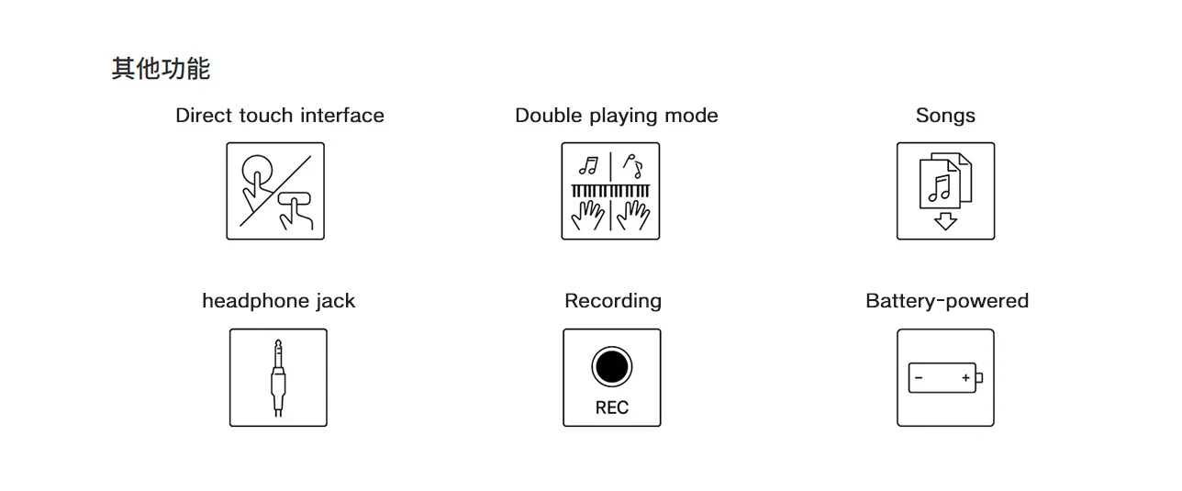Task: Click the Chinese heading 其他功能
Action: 161,69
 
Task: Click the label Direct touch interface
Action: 279,116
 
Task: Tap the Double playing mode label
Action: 616,116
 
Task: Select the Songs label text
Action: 945,116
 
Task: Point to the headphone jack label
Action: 278,301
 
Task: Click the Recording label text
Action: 612,301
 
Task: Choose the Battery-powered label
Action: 946,301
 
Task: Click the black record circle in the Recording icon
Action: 611,367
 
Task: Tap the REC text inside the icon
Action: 611,407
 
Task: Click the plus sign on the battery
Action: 965,378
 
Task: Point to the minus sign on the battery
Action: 919,378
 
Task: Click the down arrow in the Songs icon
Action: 945,221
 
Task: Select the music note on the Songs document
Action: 939,188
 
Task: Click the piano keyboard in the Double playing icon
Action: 610,191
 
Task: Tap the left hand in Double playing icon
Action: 587,217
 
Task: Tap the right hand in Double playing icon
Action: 633,217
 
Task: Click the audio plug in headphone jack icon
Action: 278,376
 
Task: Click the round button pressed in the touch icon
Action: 256,171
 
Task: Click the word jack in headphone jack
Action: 334,301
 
